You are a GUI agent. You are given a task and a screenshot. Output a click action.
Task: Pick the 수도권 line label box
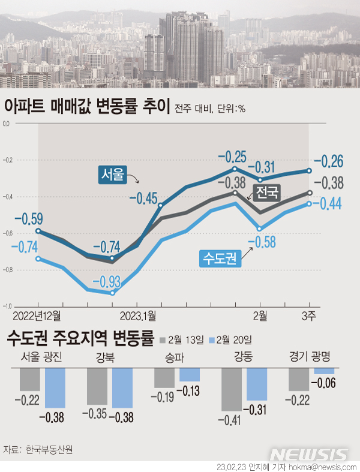tap(220, 258)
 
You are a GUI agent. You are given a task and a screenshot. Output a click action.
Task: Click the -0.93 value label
tap(106, 281)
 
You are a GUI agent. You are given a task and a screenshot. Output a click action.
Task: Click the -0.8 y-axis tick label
tap(7, 270)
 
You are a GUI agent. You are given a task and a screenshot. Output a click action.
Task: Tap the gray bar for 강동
tap(232, 389)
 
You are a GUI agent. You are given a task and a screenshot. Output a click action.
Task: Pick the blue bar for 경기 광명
tap(323, 371)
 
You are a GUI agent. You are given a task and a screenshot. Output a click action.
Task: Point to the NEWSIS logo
tap(308, 454)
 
